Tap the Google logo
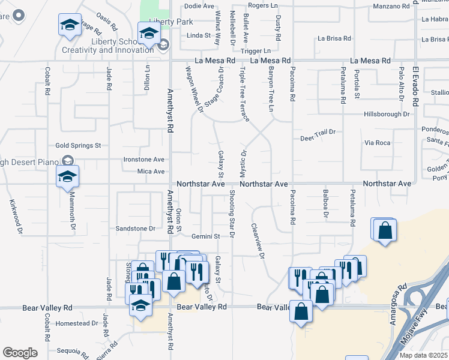pyautogui.click(x=20, y=353)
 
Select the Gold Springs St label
pyautogui.click(x=78, y=145)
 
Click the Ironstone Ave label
pyautogui.click(x=143, y=160)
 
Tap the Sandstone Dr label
pyautogui.click(x=135, y=229)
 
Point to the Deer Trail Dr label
pyautogui.click(x=318, y=139)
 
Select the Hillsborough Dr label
pyautogui.click(x=387, y=114)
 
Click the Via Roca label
pyautogui.click(x=378, y=143)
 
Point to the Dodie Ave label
pyautogui.click(x=199, y=6)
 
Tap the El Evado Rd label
pyautogui.click(x=415, y=87)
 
